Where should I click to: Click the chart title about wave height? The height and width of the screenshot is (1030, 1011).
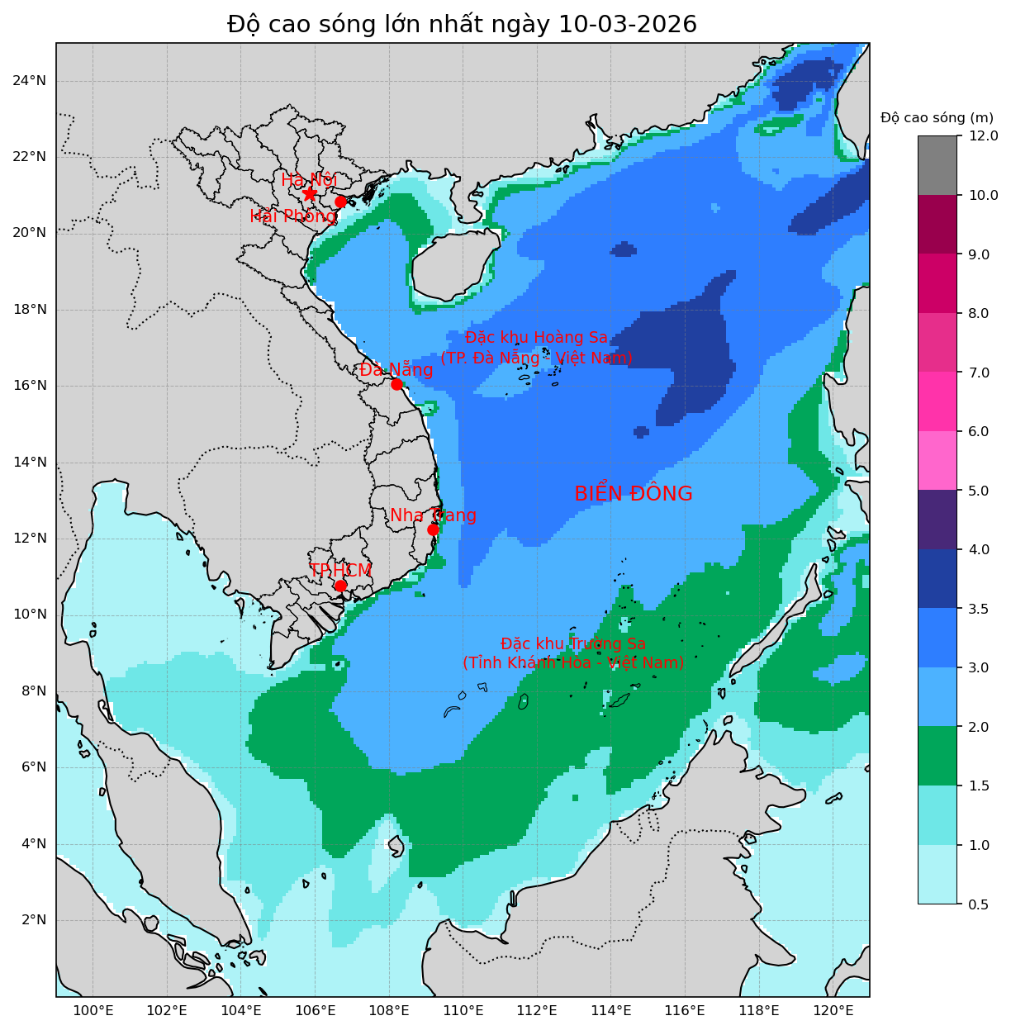point(462,25)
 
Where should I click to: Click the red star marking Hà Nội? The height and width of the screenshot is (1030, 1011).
point(310,193)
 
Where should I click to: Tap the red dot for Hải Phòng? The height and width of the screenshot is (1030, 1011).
point(340,202)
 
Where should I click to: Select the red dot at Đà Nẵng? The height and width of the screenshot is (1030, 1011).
point(396,384)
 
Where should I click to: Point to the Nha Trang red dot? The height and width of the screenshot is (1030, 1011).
point(433,529)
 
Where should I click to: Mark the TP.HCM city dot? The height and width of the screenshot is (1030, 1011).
point(340,586)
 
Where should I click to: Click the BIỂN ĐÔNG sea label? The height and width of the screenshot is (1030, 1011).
point(633,494)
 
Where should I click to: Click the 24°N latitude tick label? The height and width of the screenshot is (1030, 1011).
point(29,80)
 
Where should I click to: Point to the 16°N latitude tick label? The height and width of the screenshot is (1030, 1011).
point(29,386)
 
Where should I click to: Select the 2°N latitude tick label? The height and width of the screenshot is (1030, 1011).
point(32,920)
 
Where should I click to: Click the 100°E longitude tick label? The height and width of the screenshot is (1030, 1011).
point(93,1011)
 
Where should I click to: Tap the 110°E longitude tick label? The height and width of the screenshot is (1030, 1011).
point(463,1011)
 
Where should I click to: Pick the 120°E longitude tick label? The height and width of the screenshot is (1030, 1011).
point(833,1011)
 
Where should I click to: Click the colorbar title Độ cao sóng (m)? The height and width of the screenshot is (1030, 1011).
point(937,118)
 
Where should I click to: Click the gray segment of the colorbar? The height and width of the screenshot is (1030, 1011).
point(937,165)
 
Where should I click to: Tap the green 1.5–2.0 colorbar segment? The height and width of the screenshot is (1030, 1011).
point(937,756)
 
